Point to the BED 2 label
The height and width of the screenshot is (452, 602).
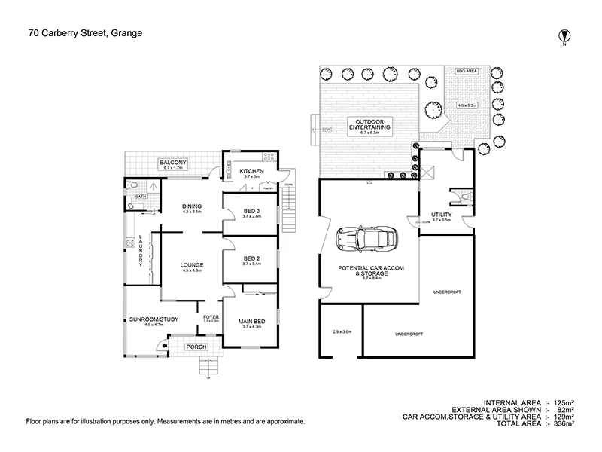[x=251, y=258]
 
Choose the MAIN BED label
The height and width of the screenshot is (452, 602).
[x=251, y=320]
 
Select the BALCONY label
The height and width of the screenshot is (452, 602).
[x=172, y=163]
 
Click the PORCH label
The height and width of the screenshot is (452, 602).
[x=197, y=347]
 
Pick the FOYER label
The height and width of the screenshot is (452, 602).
[x=211, y=316]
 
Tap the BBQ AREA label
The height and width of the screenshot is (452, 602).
[x=467, y=70]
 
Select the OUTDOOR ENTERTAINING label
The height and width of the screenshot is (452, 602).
[x=368, y=125]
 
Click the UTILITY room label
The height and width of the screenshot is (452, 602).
[x=441, y=215]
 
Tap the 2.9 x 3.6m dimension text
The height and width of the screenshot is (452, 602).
[x=342, y=331]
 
